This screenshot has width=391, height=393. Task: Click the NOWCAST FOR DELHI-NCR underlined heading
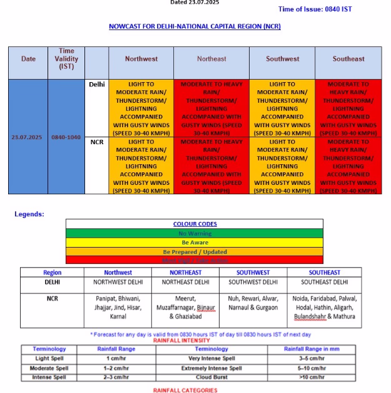click(195, 27)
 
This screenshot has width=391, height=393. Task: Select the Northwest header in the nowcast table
click(141, 59)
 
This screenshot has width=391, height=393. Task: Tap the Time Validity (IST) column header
click(66, 58)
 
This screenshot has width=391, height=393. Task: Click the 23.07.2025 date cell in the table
click(28, 137)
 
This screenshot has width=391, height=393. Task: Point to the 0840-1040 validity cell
click(66, 137)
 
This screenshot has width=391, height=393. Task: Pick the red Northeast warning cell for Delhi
click(211, 108)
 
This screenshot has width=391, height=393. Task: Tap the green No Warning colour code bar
click(195, 234)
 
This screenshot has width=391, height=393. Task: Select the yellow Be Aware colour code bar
click(195, 243)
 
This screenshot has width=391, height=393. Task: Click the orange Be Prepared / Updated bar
click(195, 251)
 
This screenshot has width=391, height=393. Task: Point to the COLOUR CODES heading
click(195, 224)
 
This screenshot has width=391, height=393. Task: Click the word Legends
click(29, 214)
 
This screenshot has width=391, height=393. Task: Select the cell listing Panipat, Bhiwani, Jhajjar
click(118, 308)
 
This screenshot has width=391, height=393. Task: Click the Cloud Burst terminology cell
click(211, 377)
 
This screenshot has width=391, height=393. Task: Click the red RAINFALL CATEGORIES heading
click(185, 390)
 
